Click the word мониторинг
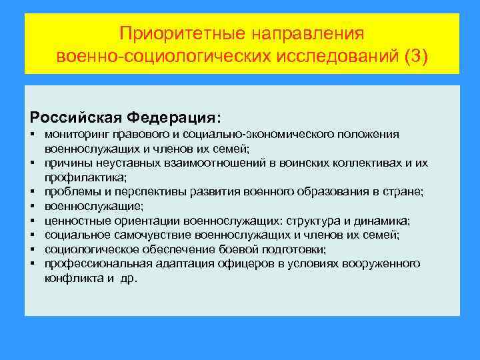point(75,134)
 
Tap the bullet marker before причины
point(32,163)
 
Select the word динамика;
point(379,221)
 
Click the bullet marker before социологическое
point(32,249)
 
